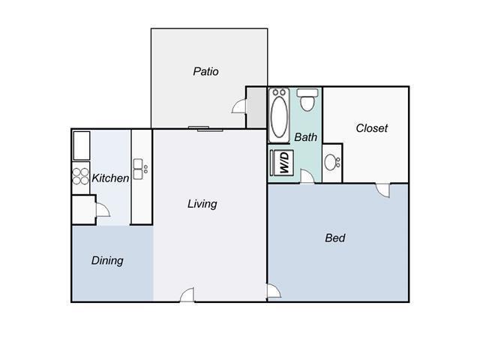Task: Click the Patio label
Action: pos(205,72)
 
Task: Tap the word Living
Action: pos(202,203)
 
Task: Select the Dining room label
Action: pos(107,260)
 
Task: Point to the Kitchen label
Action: pos(110,178)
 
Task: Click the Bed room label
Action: pos(334,238)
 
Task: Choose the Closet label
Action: pos(371,128)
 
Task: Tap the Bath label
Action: pos(305,137)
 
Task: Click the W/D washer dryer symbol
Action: pos(284,163)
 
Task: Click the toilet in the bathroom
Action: pos(307,98)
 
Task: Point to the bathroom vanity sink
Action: pos(332,161)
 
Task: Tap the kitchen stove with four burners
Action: pos(80,176)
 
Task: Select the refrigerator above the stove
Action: pos(80,145)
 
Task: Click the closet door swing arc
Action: pos(384,190)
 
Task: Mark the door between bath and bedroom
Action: pos(306,176)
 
